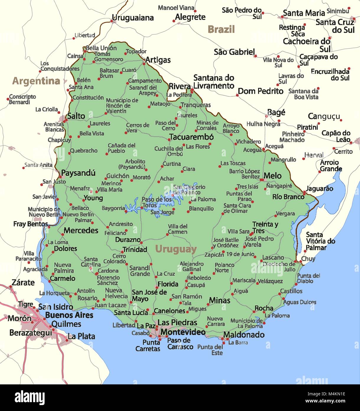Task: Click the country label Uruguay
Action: [x=176, y=250]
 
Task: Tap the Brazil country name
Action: [x=221, y=30]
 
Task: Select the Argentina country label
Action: [x=36, y=81]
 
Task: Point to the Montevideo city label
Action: [x=183, y=332]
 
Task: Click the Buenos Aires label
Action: [x=69, y=315]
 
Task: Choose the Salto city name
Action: [x=76, y=116]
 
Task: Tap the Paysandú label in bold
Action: [x=78, y=173]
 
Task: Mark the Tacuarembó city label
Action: [x=191, y=137]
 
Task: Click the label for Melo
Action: [x=272, y=176]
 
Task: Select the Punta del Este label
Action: [x=210, y=350]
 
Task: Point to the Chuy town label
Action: [x=308, y=259]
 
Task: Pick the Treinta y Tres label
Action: [x=265, y=228]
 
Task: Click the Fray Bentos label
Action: [x=30, y=224]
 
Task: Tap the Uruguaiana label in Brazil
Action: [x=133, y=18]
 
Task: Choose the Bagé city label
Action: [x=276, y=113]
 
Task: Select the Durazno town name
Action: [x=128, y=240]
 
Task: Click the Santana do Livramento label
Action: [x=214, y=82]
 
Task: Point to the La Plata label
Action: [x=81, y=336]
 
